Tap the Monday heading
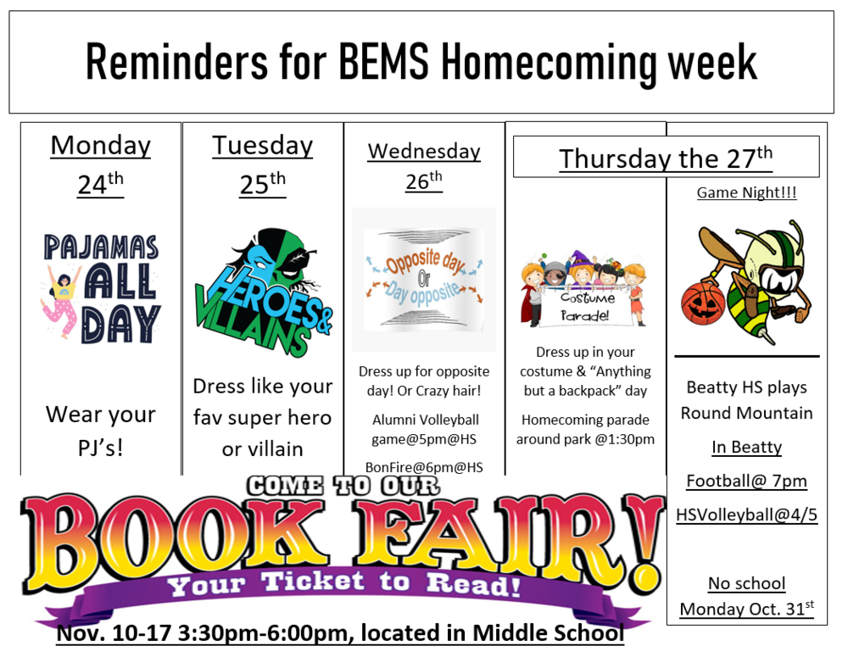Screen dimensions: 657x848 point(100,145)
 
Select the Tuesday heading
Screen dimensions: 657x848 point(262,145)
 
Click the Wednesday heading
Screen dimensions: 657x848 point(424,151)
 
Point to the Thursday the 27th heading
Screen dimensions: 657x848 point(666,158)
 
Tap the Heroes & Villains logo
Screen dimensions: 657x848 point(262,292)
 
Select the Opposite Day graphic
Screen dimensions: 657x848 point(424,279)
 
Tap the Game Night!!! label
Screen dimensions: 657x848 point(746,193)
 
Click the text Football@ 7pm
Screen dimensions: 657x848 point(746,482)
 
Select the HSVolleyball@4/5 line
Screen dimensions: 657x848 point(746,515)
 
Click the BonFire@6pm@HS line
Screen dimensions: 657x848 point(424,466)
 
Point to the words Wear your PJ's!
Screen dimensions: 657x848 point(101,430)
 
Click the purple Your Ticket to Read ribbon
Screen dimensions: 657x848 point(343,585)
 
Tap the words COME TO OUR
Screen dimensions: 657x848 point(343,486)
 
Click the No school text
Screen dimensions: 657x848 point(746,583)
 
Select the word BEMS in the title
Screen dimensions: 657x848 point(381,62)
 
